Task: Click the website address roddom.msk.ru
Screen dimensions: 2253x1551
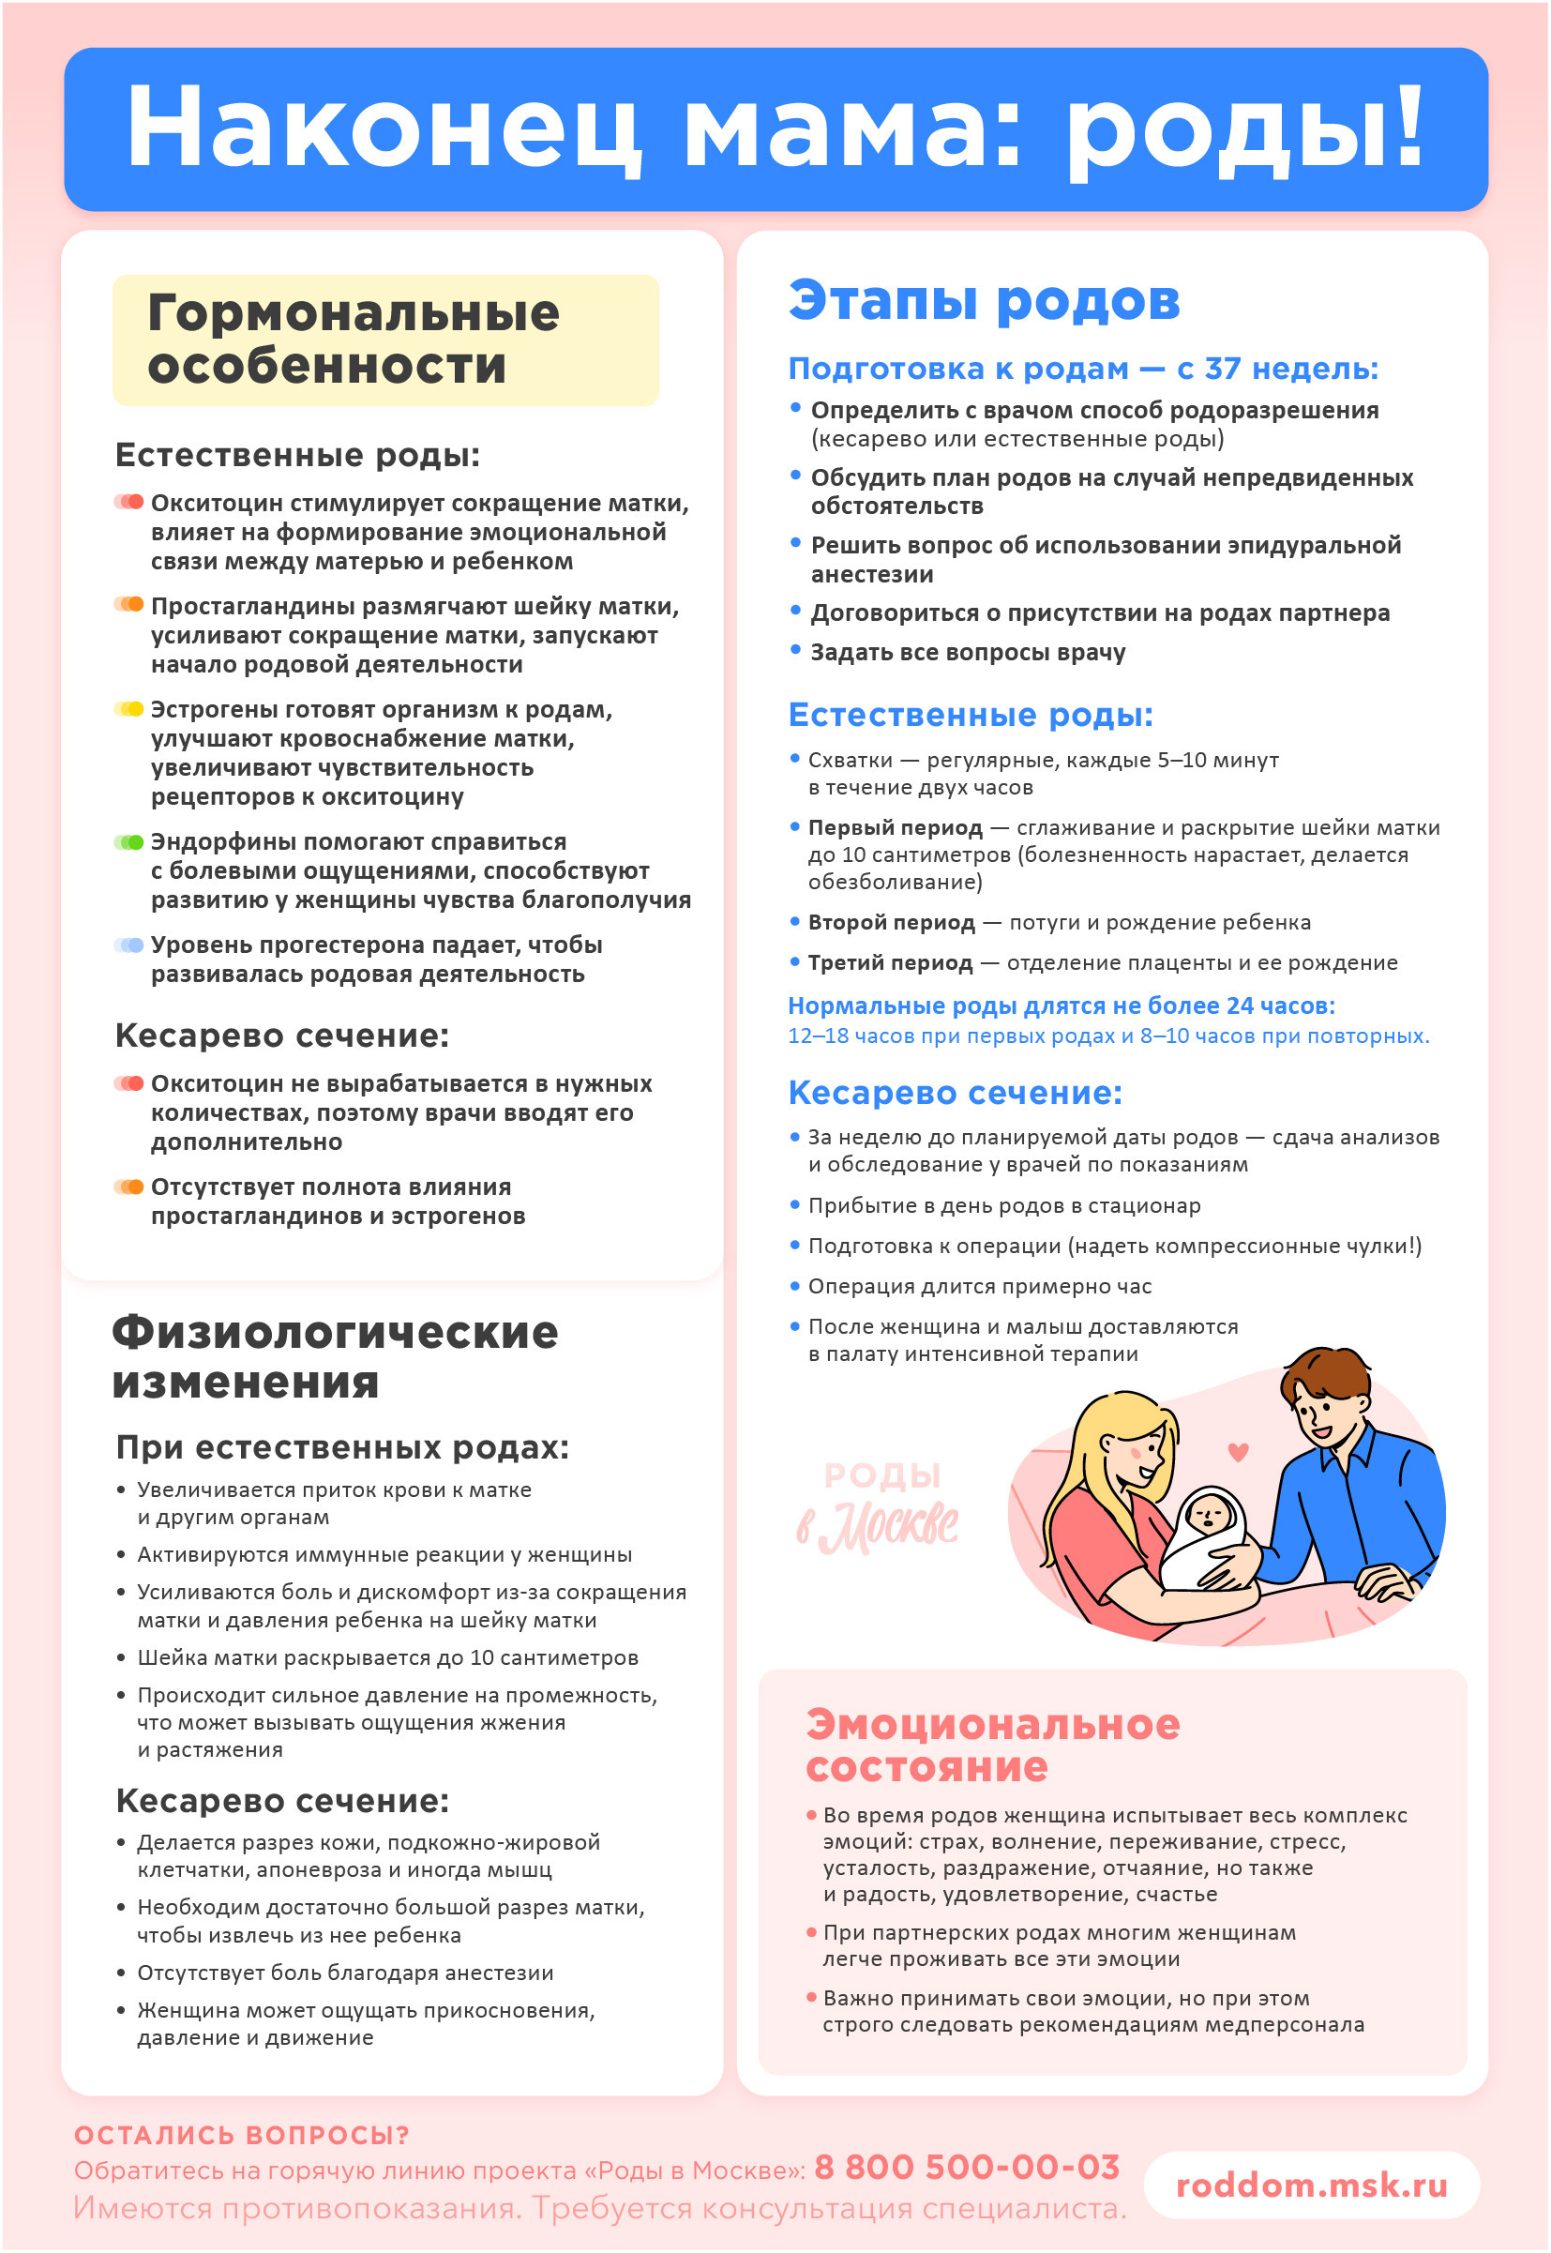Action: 1311,2184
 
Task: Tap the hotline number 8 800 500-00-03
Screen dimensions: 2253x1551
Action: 967,2167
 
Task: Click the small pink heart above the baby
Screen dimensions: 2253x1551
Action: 1237,1452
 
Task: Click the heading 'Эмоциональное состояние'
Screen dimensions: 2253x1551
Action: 991,1745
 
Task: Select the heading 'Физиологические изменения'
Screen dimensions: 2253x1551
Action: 335,1357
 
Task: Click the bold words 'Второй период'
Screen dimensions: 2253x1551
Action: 891,922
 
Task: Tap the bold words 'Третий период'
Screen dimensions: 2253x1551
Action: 890,962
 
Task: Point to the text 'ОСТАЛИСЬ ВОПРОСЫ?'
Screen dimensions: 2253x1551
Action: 242,2135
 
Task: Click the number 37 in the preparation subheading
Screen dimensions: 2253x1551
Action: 1223,369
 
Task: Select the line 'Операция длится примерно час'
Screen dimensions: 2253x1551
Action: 980,1286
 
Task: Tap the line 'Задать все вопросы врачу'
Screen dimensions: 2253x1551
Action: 968,652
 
